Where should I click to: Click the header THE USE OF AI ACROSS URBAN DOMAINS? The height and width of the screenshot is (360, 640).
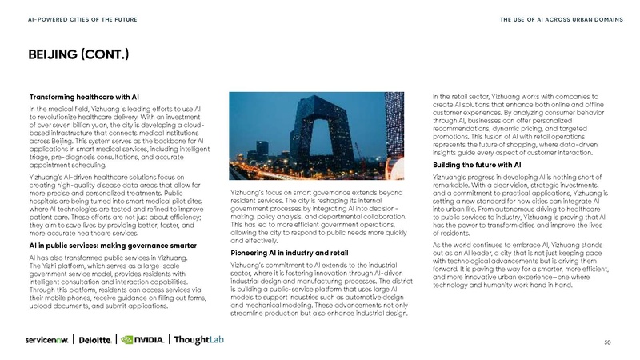pos(557,18)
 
